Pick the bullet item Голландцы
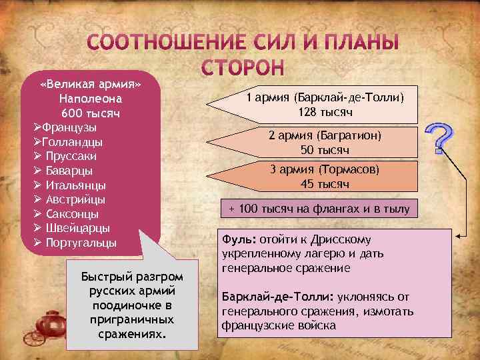(x=71, y=141)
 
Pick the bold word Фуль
(x=235, y=239)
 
